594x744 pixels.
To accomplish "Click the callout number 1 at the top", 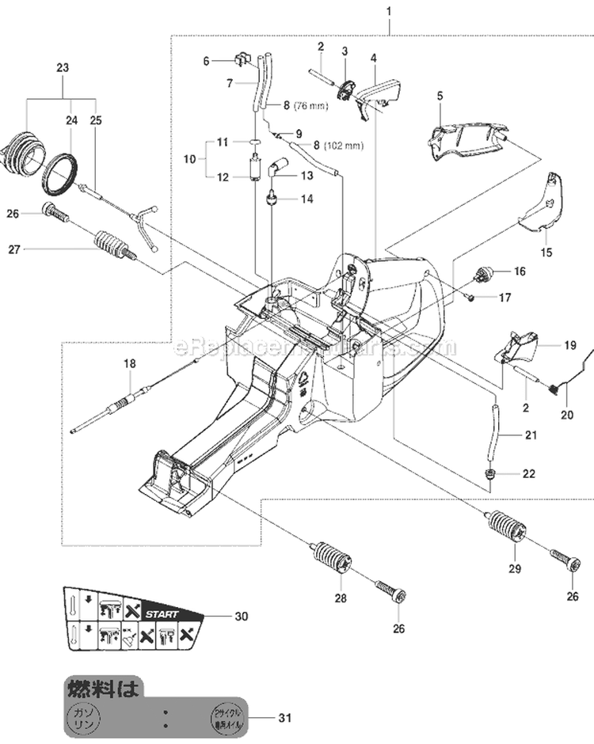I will [388, 10].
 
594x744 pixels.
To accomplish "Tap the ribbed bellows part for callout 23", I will [21, 154].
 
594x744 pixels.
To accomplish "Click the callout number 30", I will [241, 615].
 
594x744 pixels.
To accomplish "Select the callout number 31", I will [285, 718].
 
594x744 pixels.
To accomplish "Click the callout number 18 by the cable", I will [129, 363].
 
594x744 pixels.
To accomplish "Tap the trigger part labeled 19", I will [515, 347].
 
